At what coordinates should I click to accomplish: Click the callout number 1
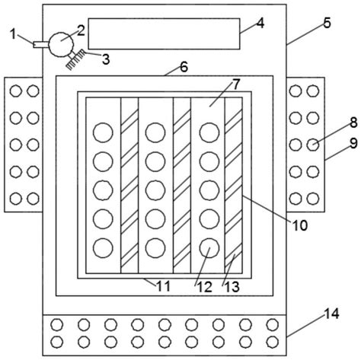pyautogui.click(x=14, y=33)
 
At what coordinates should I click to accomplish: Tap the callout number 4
pyautogui.click(x=260, y=23)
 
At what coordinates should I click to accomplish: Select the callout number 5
pyautogui.click(x=327, y=23)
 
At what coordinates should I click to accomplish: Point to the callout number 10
pyautogui.click(x=300, y=225)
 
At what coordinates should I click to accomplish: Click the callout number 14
pyautogui.click(x=332, y=314)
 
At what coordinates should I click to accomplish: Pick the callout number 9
pyautogui.click(x=353, y=144)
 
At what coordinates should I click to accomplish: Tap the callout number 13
pyautogui.click(x=232, y=287)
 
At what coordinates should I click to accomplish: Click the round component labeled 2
pyautogui.click(x=61, y=44)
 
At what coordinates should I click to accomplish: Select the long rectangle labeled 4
pyautogui.click(x=164, y=33)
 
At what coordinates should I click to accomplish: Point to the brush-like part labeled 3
pyautogui.click(x=75, y=59)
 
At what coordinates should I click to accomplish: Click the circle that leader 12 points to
pyautogui.click(x=209, y=248)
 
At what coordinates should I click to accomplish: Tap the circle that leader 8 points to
pyautogui.click(x=313, y=145)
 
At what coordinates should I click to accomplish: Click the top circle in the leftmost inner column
pyautogui.click(x=103, y=132)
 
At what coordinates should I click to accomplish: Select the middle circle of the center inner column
pyautogui.click(x=155, y=190)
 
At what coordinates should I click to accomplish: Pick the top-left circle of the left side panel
pyautogui.click(x=16, y=91)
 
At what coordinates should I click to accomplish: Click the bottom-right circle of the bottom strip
pyautogui.click(x=273, y=342)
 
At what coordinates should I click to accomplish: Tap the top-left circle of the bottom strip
pyautogui.click(x=57, y=325)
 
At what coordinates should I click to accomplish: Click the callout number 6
pyautogui.click(x=184, y=67)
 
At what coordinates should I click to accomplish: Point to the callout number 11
pyautogui.click(x=163, y=287)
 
